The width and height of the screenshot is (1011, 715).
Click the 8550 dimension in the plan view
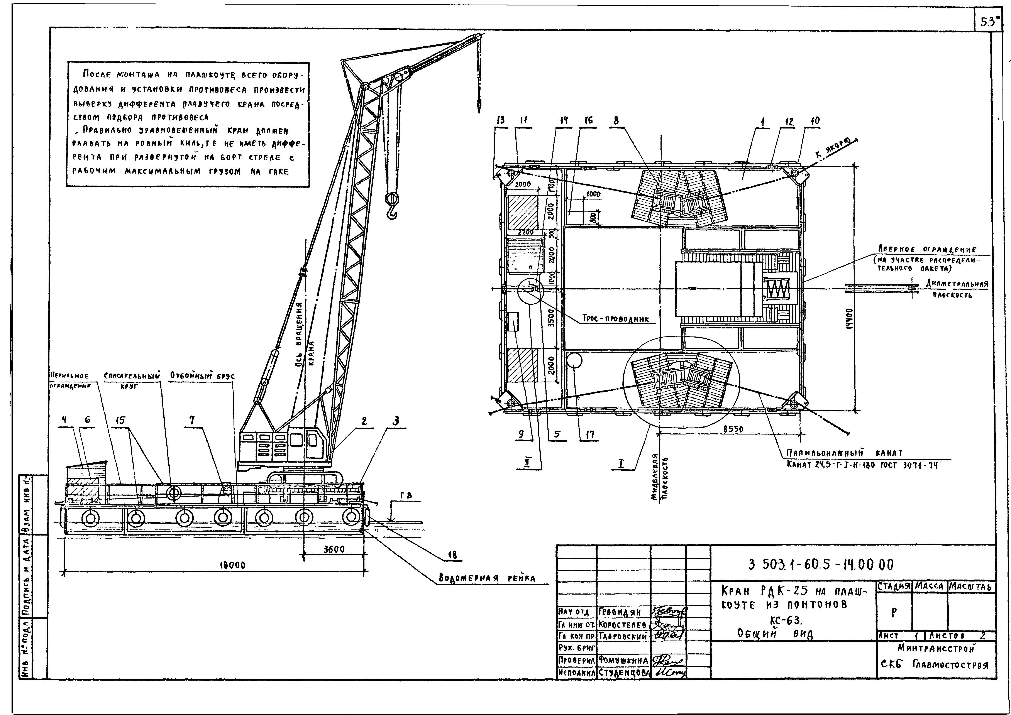pyautogui.click(x=733, y=428)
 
